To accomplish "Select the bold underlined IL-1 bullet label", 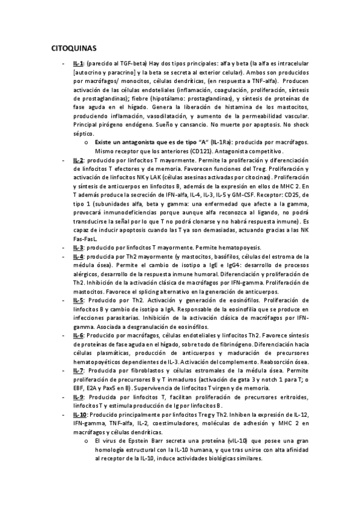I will pyautogui.click(x=78, y=63).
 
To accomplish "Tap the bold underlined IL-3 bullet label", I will pyautogui.click(x=78, y=230).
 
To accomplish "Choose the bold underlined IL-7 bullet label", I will pyautogui.click(x=78, y=370).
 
